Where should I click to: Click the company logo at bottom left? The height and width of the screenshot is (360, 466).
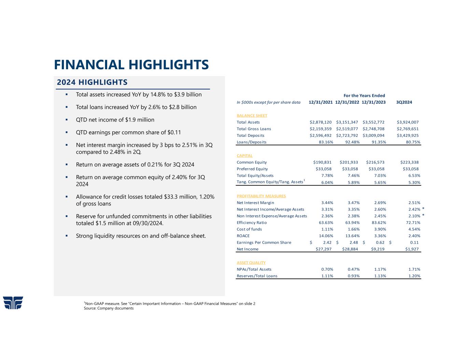click(x=13, y=303)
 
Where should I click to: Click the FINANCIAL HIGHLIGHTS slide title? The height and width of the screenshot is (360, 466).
click(x=131, y=64)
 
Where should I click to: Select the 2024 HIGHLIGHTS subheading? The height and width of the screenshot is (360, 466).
click(x=92, y=82)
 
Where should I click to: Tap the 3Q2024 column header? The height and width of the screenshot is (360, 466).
click(x=404, y=102)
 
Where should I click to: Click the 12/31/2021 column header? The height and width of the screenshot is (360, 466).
click(x=321, y=102)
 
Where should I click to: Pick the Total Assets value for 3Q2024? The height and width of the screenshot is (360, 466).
click(x=408, y=122)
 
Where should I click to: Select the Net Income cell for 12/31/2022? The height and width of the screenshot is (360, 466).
click(x=350, y=249)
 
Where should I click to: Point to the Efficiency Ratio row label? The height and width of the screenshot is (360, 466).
click(x=252, y=222)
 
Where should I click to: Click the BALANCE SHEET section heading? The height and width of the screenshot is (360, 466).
click(x=252, y=116)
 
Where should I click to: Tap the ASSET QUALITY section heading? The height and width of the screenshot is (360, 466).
click(x=251, y=263)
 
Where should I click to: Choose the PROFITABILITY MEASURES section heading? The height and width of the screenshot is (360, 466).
click(x=261, y=196)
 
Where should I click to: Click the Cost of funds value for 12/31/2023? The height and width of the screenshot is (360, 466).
click(x=379, y=229)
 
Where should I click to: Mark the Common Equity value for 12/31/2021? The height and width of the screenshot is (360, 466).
click(x=322, y=162)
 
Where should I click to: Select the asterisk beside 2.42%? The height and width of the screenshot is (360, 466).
click(x=423, y=208)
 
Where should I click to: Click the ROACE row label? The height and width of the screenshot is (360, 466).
click(x=243, y=236)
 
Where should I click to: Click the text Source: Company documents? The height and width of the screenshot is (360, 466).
click(x=109, y=308)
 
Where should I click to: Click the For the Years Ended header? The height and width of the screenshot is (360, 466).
click(x=364, y=96)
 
